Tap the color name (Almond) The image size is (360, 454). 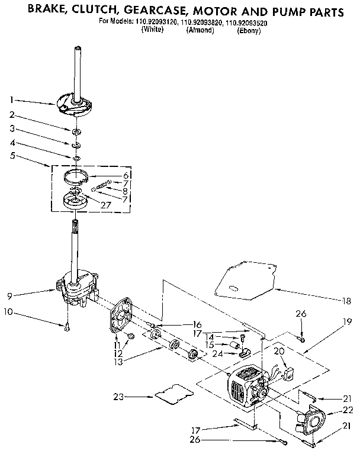(x=200, y=30)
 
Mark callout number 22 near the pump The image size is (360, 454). (x=349, y=410)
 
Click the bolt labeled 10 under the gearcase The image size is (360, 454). (x=68, y=325)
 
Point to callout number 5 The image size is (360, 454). (x=13, y=157)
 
